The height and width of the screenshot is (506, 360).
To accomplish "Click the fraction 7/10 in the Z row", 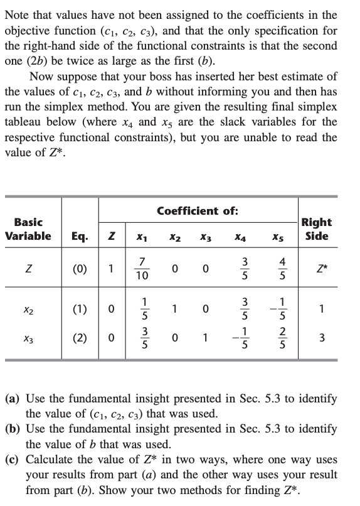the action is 142,270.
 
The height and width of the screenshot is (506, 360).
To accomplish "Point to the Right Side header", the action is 317,229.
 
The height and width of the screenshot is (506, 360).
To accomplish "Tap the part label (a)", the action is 14,399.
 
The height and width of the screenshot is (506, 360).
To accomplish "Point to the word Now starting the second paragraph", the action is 42,77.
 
